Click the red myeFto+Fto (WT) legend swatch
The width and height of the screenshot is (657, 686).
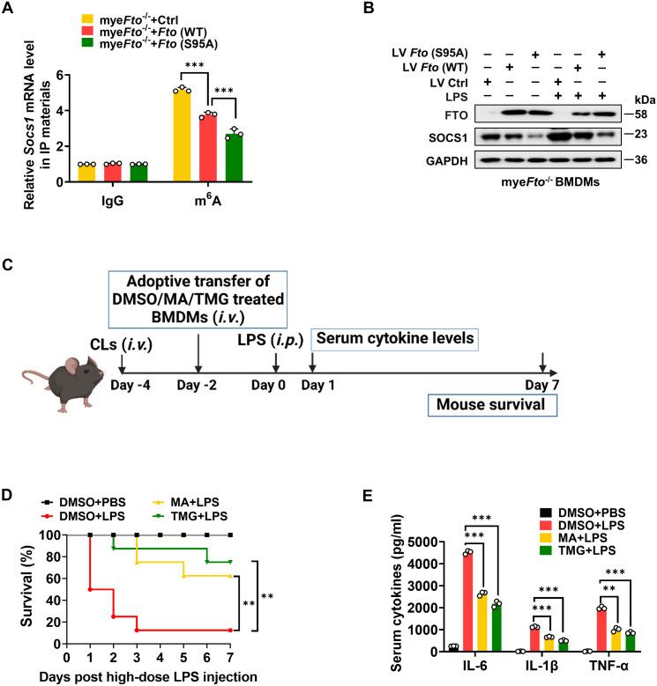87,32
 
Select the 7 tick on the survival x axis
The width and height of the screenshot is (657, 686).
231,656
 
